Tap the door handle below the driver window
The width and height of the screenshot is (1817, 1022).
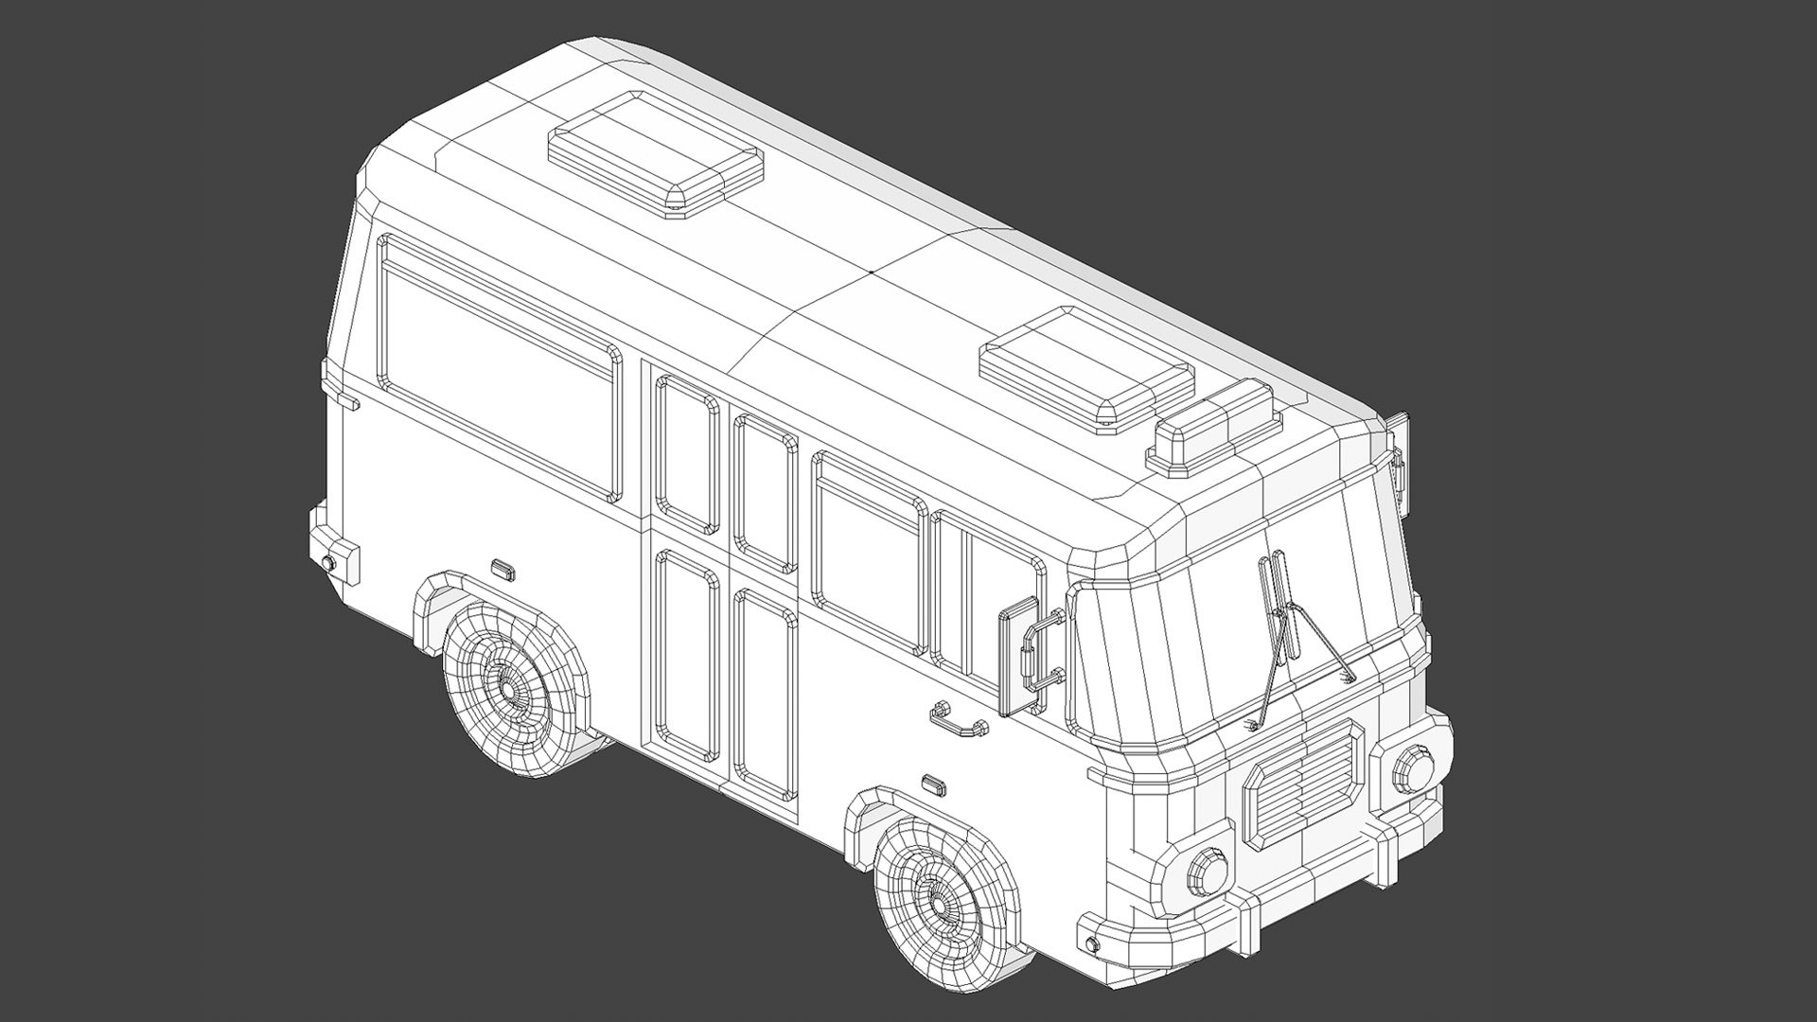click(x=960, y=723)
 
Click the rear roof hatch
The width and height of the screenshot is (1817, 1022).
click(x=656, y=156)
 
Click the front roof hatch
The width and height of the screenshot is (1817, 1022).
click(x=1085, y=364)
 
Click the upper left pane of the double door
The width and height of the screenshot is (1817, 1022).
click(x=687, y=452)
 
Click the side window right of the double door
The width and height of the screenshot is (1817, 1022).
click(x=867, y=554)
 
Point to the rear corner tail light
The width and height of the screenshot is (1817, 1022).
click(x=340, y=560)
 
